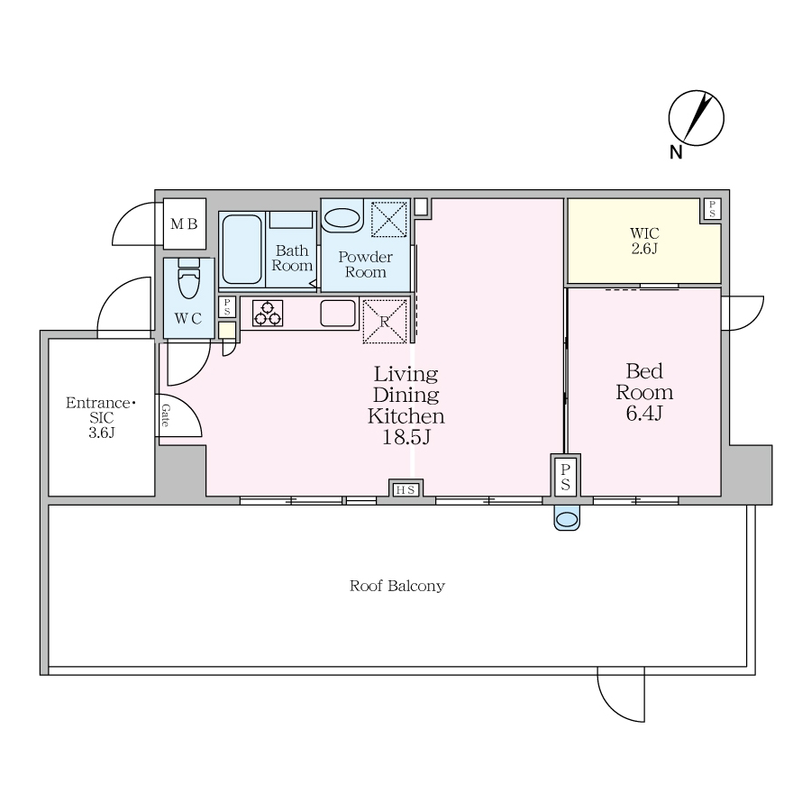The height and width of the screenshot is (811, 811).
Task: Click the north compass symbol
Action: pyautogui.click(x=696, y=118)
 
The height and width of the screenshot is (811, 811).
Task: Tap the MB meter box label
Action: pyautogui.click(x=184, y=224)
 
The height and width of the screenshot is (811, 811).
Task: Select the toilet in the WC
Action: pyautogui.click(x=189, y=278)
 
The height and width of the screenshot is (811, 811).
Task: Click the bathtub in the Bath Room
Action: pyautogui.click(x=242, y=250)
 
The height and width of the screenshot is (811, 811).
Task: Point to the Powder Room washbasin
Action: pyautogui.click(x=342, y=217)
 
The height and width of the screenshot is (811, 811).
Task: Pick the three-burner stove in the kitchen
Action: pyautogui.click(x=268, y=313)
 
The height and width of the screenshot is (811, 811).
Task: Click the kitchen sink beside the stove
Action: pyautogui.click(x=338, y=313)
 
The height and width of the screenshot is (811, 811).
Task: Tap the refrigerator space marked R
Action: pyautogui.click(x=384, y=321)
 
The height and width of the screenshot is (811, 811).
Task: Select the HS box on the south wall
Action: pyautogui.click(x=405, y=489)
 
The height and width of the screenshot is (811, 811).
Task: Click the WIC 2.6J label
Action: pyautogui.click(x=644, y=241)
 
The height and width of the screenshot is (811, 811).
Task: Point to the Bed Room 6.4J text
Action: pyautogui.click(x=644, y=392)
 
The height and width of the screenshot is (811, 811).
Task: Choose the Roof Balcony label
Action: pyautogui.click(x=397, y=586)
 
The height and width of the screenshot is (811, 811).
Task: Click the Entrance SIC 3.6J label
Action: pyautogui.click(x=101, y=417)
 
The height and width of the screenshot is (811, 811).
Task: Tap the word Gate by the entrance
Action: pyautogui.click(x=166, y=415)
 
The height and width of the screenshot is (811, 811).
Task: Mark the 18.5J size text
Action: pyautogui.click(x=406, y=438)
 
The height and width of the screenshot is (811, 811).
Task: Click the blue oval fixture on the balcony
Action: pyautogui.click(x=567, y=518)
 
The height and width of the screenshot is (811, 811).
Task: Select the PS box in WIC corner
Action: pyautogui.click(x=712, y=209)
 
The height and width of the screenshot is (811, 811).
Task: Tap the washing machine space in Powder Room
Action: pyautogui.click(x=389, y=219)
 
